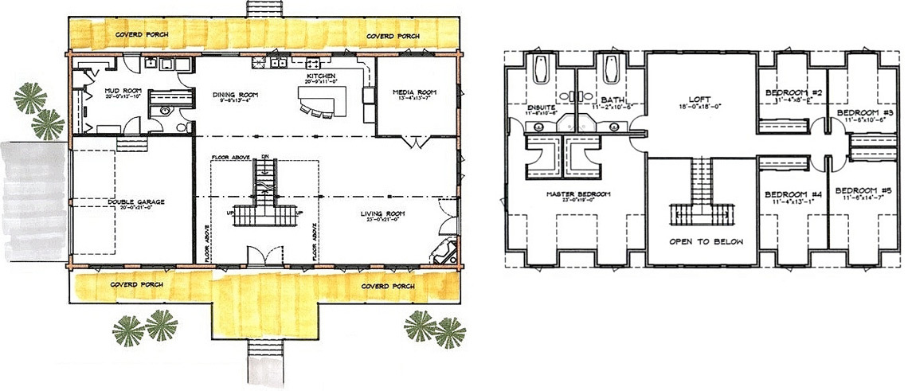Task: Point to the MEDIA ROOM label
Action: (416, 92)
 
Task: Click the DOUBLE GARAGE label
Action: (136, 202)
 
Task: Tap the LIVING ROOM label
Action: (383, 214)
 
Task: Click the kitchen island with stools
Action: (323, 101)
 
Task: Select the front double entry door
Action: (264, 256)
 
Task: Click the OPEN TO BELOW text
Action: (701, 240)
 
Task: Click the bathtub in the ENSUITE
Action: (541, 71)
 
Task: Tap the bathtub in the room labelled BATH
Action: (613, 70)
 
